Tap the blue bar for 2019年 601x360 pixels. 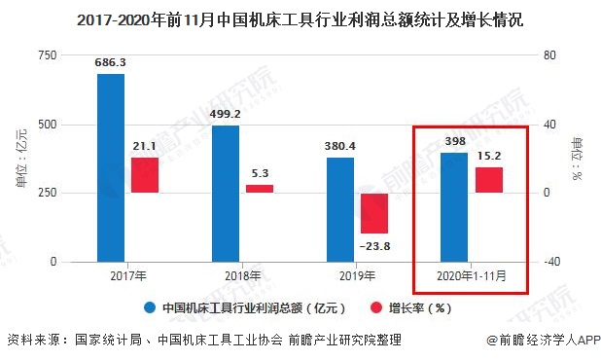coord(340,209)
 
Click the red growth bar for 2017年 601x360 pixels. coord(145,175)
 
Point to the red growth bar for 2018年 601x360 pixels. coord(260,189)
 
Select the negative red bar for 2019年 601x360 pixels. coord(374,212)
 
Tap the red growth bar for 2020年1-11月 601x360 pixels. coord(488,180)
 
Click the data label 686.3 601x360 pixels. coord(111,63)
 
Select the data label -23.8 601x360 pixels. coord(374,245)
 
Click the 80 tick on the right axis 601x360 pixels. coord(549,56)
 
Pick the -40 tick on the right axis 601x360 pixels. coord(551,262)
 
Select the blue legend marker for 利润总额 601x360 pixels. coord(151,308)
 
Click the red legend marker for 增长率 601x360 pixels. coord(374,308)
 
